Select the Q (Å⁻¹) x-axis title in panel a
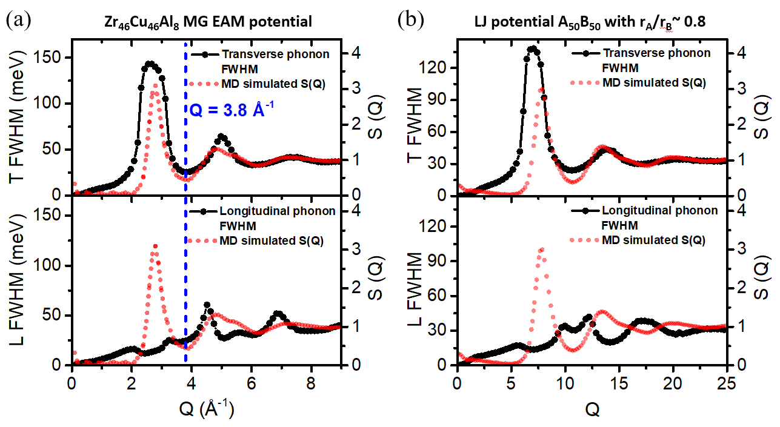208,411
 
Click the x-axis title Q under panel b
593,410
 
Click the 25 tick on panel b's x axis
726,383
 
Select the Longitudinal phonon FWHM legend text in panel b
654,217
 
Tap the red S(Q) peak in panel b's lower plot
541,250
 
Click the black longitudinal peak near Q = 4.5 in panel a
207,305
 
